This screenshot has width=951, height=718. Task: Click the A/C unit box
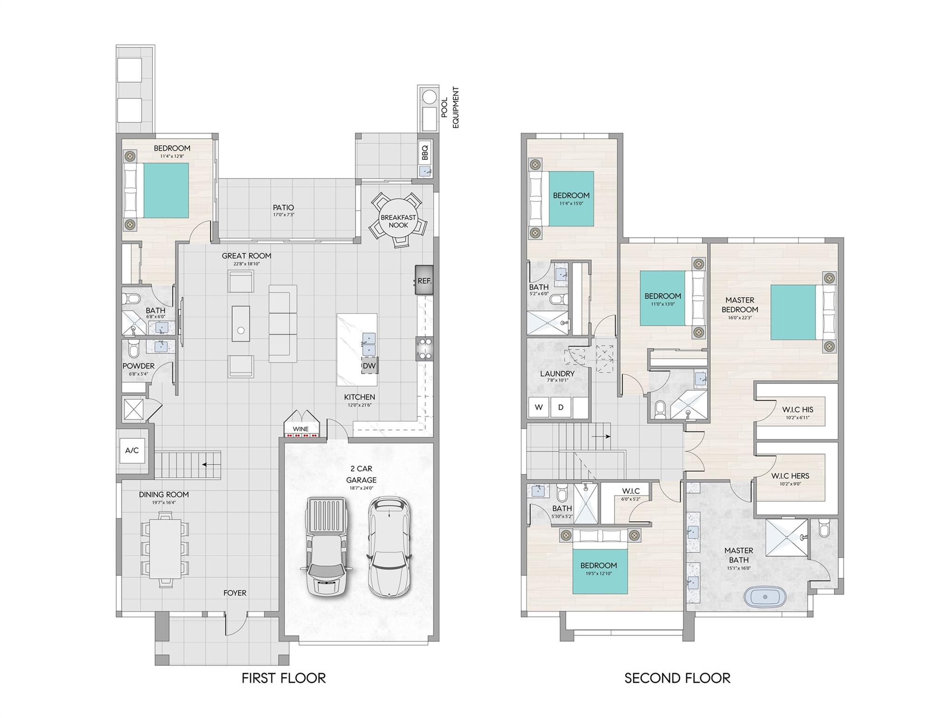132,451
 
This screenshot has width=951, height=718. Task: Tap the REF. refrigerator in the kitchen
424,280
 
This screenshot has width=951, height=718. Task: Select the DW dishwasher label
369,366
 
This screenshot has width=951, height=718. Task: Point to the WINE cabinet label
300,429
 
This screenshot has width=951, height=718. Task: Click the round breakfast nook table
398,221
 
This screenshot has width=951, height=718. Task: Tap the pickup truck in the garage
327,546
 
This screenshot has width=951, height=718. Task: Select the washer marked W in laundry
539,407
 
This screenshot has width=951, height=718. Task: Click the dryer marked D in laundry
561,407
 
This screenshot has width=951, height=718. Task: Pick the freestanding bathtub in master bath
765,597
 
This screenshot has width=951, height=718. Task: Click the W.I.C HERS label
790,476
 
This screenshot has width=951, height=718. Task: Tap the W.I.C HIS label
797,409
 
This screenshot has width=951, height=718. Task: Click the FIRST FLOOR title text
284,678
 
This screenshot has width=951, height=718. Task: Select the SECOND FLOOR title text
677,678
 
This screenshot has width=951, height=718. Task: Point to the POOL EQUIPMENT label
450,108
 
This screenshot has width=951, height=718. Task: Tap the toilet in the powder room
133,348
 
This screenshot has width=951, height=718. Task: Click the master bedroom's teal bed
793,312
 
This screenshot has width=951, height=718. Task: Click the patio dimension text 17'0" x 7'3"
284,215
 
